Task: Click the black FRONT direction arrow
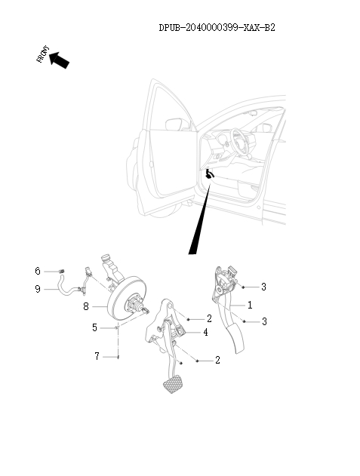[x=60, y=60]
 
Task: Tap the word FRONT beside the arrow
[x=40, y=55]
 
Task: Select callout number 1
[x=251, y=304]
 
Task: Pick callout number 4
[x=205, y=331]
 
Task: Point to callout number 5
[x=94, y=327]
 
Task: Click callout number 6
[x=37, y=271]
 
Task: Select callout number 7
[x=96, y=356]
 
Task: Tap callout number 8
[x=86, y=307]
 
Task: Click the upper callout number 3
[x=263, y=287]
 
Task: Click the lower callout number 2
[x=217, y=361]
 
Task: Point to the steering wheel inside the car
[x=240, y=139]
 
